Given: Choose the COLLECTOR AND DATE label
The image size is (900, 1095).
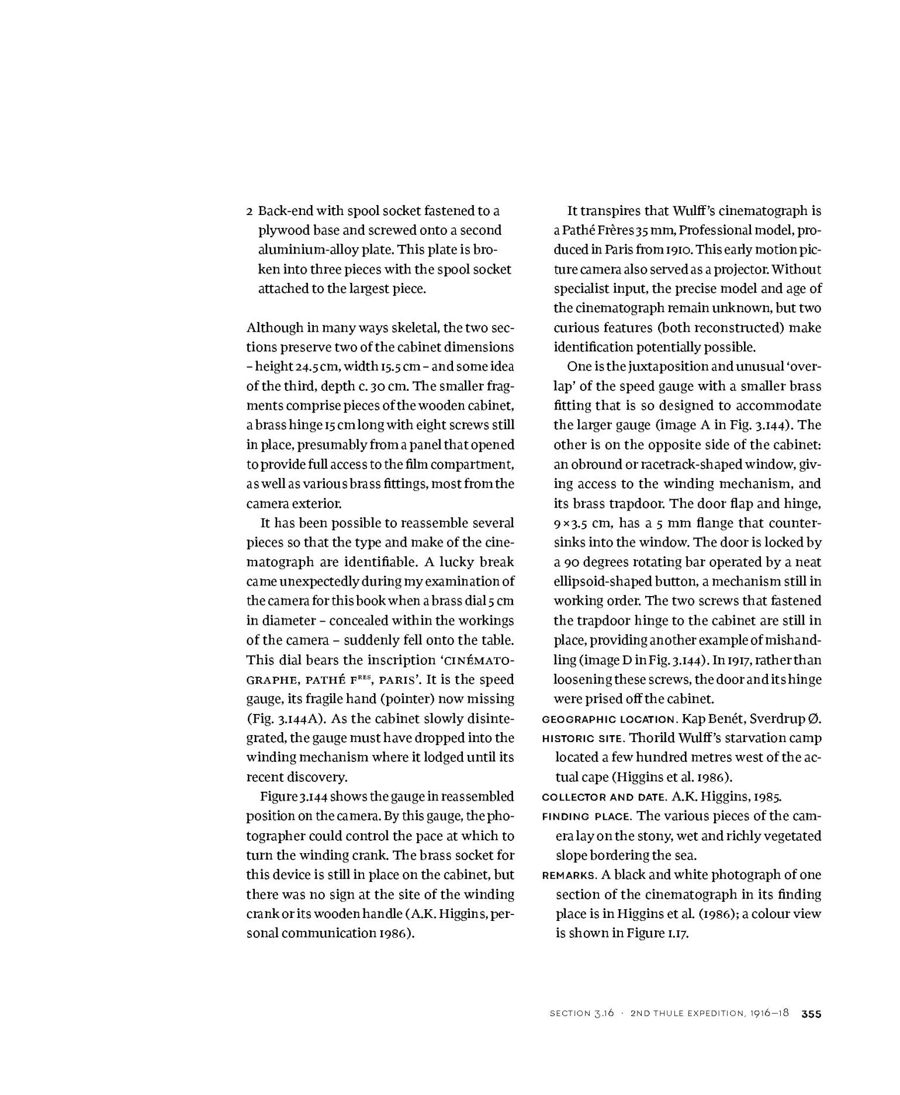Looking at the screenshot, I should point(604,797).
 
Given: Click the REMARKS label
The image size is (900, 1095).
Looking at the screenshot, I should point(568,875).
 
